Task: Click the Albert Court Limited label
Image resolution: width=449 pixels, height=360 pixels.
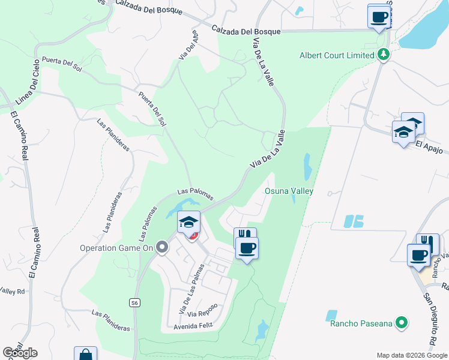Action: (x=337, y=55)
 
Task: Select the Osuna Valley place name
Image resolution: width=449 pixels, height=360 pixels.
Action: (x=289, y=191)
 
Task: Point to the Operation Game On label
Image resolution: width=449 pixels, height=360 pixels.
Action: (x=117, y=247)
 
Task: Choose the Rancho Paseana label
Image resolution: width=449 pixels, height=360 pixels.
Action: (x=361, y=324)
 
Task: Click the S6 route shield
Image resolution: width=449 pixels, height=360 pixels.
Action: (x=134, y=303)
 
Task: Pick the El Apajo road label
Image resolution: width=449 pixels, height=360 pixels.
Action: (x=429, y=146)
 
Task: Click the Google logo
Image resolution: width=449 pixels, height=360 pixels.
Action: (x=20, y=353)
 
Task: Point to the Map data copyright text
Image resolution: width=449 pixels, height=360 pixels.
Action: (x=412, y=355)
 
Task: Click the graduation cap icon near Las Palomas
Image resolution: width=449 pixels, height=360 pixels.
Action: (x=188, y=223)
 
